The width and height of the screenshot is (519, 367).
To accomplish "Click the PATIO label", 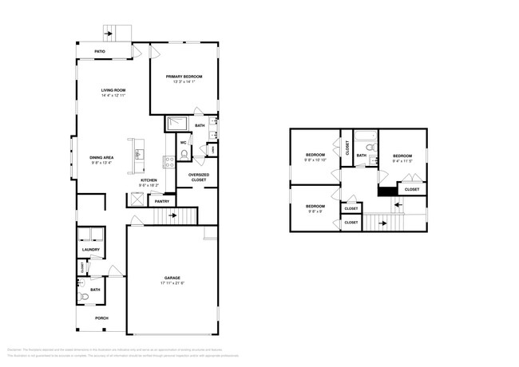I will point(100,51).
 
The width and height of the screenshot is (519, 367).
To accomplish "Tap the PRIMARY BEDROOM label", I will point(184,77).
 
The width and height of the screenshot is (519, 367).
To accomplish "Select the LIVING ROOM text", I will point(113,90).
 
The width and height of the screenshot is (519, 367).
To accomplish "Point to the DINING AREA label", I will point(101,158).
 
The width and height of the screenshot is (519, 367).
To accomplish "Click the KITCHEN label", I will point(149,180).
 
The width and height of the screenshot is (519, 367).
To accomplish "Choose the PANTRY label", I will point(162,201).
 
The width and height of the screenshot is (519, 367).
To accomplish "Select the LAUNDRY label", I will point(90,250).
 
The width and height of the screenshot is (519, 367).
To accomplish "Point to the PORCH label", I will point(101,317).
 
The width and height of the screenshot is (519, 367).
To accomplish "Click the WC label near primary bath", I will point(184,144).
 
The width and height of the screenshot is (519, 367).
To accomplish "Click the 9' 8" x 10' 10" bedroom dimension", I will point(315,160).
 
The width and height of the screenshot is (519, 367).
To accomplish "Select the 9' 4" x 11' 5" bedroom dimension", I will point(402,160).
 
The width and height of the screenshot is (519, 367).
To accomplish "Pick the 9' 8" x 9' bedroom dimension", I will point(315,211).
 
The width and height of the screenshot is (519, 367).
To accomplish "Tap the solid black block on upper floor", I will point(386,190).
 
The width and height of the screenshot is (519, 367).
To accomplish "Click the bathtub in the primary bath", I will point(176,124).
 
